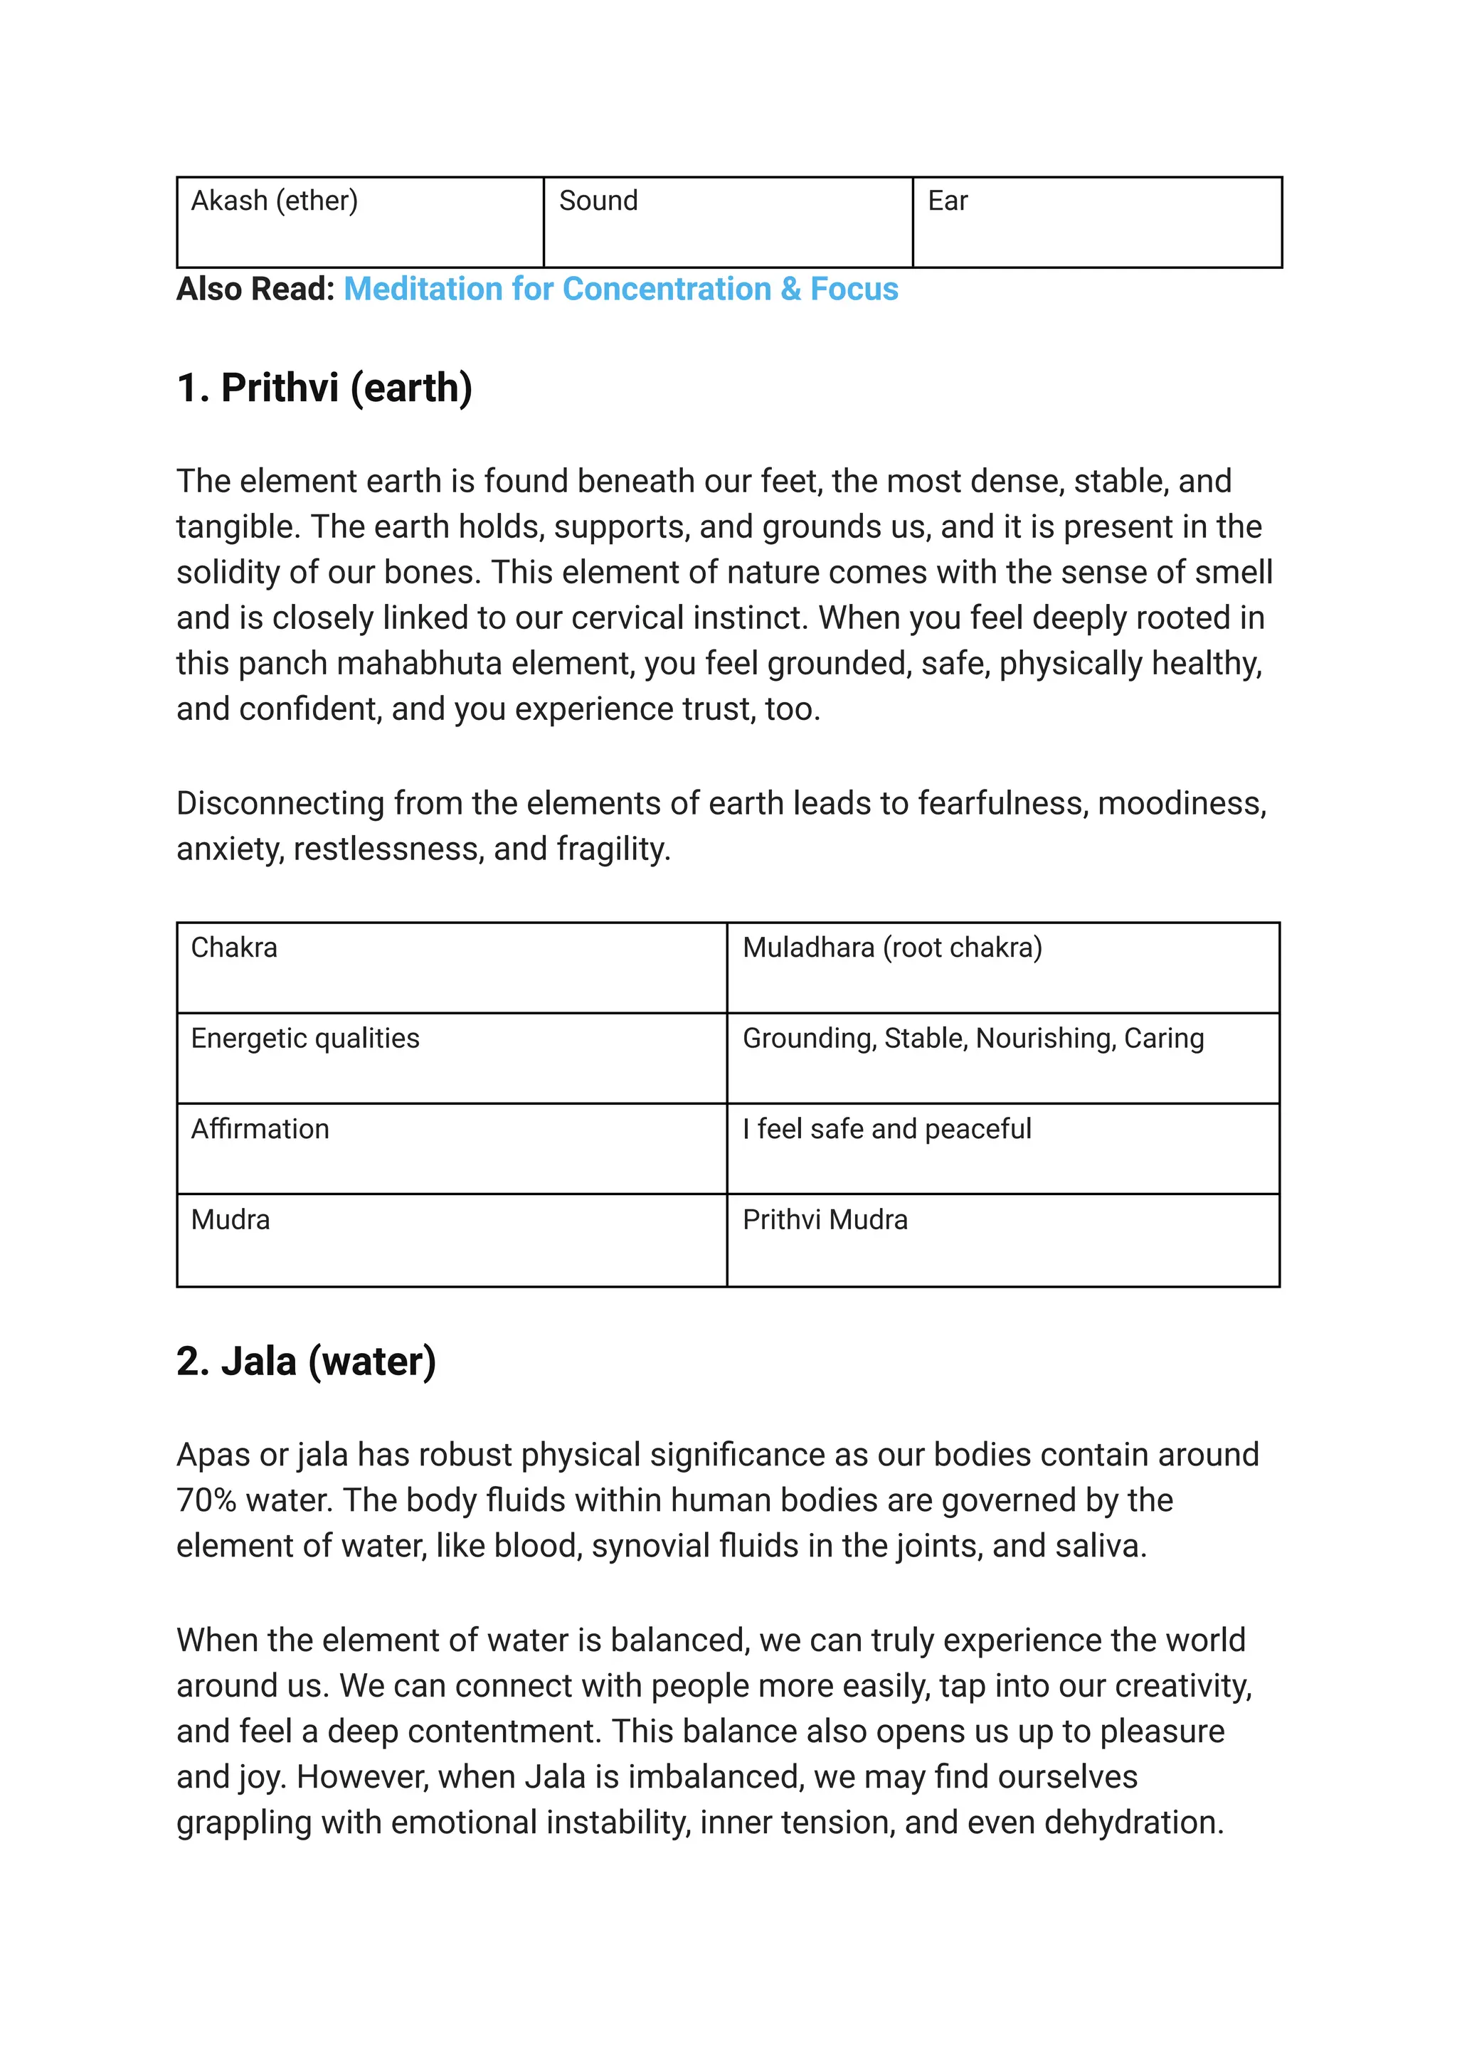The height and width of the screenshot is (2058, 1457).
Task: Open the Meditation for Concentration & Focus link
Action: [621, 289]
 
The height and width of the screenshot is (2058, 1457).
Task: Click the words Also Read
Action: [255, 289]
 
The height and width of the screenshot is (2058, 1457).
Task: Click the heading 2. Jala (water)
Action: [306, 1361]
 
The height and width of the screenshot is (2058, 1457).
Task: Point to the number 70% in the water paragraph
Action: [206, 1500]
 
